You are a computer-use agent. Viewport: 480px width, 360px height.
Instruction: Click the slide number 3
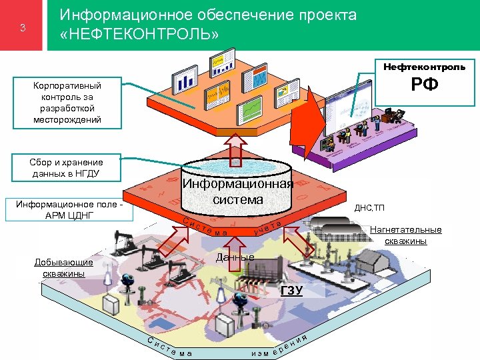point(23,28)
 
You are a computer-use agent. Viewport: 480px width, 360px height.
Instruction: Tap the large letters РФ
point(424,85)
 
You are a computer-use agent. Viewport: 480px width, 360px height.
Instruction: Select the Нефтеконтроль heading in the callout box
point(424,67)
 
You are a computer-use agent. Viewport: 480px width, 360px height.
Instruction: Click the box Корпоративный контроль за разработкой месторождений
point(67,103)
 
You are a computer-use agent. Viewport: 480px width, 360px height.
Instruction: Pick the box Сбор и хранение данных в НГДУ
point(67,168)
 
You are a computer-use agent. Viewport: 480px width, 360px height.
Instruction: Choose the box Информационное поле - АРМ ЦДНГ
point(69,209)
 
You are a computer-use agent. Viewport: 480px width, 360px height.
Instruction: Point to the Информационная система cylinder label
point(238,191)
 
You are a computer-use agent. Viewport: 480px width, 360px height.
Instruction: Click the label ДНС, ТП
point(369,207)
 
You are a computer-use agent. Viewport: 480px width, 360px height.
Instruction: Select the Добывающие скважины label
point(63,268)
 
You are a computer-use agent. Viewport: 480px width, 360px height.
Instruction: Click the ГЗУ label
point(291,290)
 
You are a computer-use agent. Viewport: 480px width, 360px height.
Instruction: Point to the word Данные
point(235,257)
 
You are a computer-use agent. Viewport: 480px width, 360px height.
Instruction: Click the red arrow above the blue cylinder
point(237,148)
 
